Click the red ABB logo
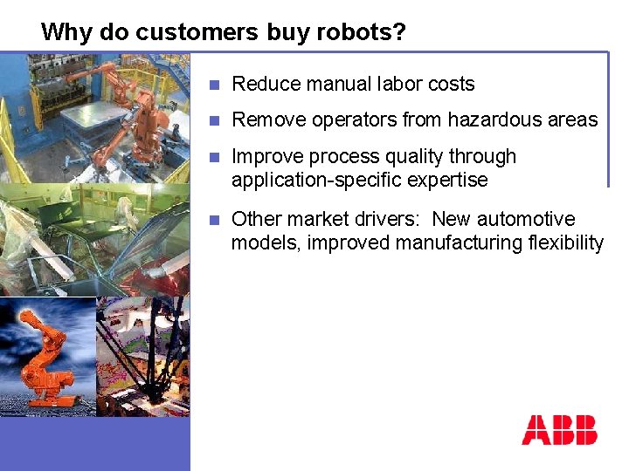[559, 430]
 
